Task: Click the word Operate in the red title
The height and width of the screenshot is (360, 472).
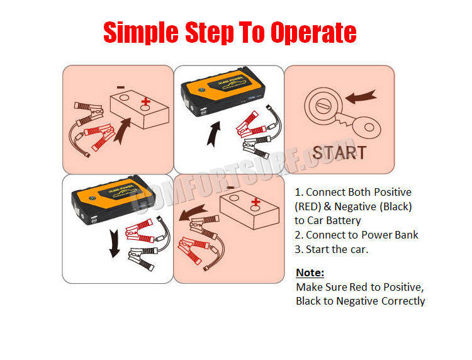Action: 313,32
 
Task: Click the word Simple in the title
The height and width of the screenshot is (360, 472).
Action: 141,32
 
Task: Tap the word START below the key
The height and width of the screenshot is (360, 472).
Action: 339,152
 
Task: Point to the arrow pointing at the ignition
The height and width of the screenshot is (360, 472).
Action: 361,96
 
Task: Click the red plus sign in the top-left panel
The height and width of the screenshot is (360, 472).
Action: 146,101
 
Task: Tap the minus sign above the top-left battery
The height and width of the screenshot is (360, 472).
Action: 121,87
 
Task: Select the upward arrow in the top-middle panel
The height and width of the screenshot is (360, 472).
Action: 214,134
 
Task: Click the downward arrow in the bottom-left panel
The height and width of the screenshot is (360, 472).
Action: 114,243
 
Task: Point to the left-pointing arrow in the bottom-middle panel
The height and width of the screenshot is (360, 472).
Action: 193,213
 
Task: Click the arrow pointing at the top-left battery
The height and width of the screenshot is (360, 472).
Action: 123,131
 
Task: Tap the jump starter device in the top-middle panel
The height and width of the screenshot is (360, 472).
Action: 223,91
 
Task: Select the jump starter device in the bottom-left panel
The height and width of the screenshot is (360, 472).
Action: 113,200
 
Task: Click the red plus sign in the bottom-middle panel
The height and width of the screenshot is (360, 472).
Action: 256,202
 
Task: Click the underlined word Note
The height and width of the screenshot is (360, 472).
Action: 310,273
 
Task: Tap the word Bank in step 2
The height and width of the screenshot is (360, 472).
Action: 407,235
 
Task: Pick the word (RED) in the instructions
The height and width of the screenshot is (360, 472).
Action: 308,207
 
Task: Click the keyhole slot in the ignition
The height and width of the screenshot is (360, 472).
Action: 323,106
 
